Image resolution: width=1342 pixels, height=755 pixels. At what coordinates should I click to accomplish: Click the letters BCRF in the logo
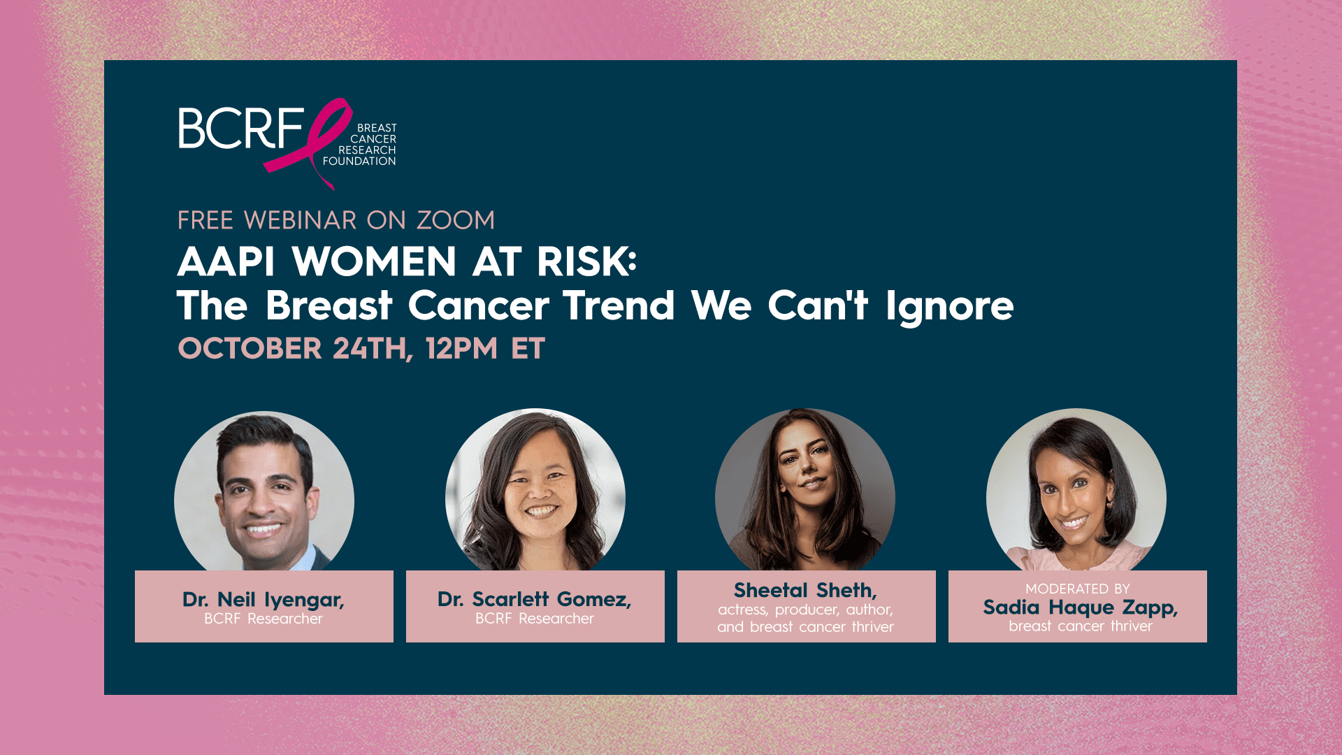240,128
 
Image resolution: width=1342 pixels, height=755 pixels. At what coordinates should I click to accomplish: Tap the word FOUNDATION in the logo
359,161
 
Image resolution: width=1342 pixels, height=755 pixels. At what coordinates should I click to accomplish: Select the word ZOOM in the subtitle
456,220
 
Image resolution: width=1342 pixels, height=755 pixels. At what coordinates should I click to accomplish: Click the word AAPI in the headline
226,261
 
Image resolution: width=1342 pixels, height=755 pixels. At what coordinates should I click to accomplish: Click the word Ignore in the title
949,308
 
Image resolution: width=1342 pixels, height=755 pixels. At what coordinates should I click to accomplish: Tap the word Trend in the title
619,305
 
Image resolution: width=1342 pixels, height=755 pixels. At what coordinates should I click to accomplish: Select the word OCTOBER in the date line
250,348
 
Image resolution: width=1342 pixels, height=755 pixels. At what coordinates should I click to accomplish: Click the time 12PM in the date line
461,348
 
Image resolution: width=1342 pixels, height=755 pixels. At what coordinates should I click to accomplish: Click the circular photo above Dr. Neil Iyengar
264,491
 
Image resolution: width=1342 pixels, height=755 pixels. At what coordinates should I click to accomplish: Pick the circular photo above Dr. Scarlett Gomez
535,490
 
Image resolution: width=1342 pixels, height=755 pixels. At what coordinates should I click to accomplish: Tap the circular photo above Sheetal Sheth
805,490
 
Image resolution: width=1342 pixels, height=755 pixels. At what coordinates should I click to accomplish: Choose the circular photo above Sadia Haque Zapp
1076,490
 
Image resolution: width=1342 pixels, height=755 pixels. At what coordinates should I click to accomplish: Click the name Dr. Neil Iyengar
264,600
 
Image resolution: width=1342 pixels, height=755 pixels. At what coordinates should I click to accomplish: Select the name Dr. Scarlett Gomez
535,599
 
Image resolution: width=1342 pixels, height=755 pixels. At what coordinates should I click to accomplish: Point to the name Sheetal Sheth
805,591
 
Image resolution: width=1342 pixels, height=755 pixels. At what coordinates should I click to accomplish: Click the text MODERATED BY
1078,589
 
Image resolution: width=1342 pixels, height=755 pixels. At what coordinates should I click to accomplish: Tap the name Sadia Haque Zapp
1081,607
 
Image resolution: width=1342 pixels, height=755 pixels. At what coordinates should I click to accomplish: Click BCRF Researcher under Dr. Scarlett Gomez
535,619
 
